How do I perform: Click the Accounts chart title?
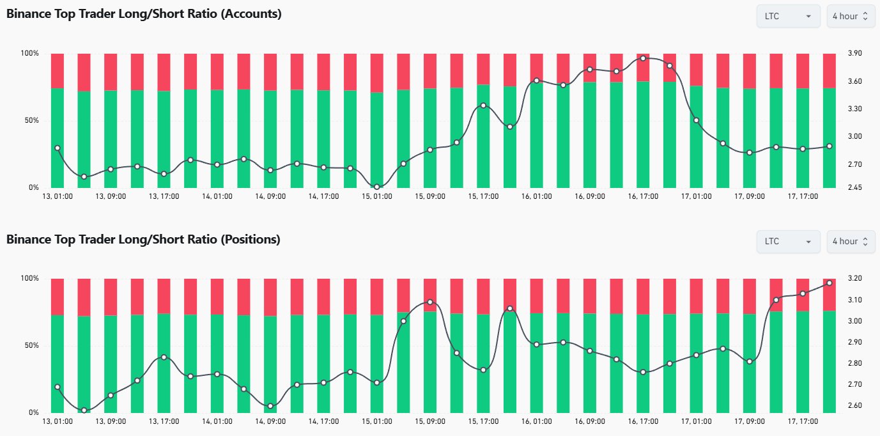pyautogui.click(x=144, y=14)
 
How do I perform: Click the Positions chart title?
pyautogui.click(x=143, y=240)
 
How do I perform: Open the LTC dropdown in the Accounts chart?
pyautogui.click(x=788, y=16)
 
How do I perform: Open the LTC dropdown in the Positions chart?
pyautogui.click(x=788, y=242)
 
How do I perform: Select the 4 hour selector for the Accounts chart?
pyautogui.click(x=850, y=16)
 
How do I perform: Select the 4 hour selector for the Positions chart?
pyautogui.click(x=850, y=242)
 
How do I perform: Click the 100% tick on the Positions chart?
pyautogui.click(x=30, y=279)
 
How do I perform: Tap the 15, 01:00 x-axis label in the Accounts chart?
pyautogui.click(x=377, y=196)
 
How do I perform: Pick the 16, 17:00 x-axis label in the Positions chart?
pyautogui.click(x=644, y=422)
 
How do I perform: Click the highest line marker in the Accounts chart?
pyautogui.click(x=643, y=58)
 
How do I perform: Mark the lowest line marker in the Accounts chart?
pyautogui.click(x=377, y=187)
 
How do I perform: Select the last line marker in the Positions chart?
pyautogui.click(x=830, y=283)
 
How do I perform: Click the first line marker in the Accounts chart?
pyautogui.click(x=58, y=148)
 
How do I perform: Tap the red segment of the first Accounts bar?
pyautogui.click(x=58, y=70)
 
